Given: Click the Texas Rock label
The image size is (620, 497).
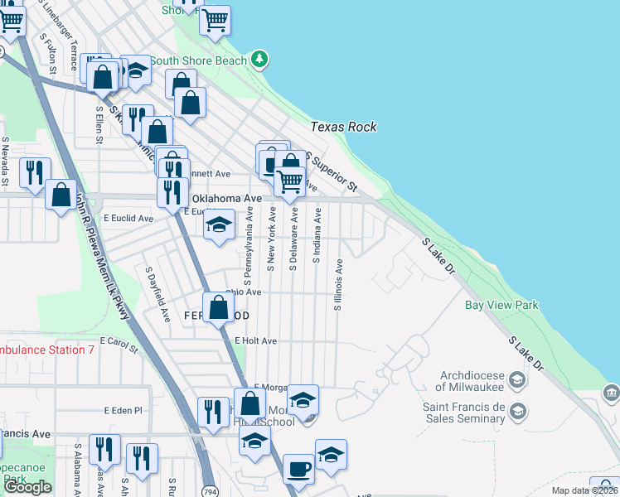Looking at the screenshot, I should click(343, 127).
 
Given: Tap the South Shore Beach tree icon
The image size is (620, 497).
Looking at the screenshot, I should click(260, 59).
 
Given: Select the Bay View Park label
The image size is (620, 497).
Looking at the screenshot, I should click(501, 306).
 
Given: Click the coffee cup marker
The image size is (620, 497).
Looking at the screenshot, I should click(298, 469).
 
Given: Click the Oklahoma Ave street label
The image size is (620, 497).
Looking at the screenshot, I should click(227, 200).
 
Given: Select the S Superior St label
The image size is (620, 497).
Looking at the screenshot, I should click(331, 171).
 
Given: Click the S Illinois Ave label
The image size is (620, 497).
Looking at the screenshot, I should click(338, 285).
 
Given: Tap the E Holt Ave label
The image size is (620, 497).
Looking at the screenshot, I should click(255, 340).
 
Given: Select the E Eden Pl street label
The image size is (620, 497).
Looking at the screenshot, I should click(124, 410).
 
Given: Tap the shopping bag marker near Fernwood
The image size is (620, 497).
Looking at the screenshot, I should click(218, 307).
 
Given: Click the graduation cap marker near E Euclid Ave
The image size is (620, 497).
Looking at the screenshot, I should click(219, 225).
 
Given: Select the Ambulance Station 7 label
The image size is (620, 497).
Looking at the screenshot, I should click(46, 350).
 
